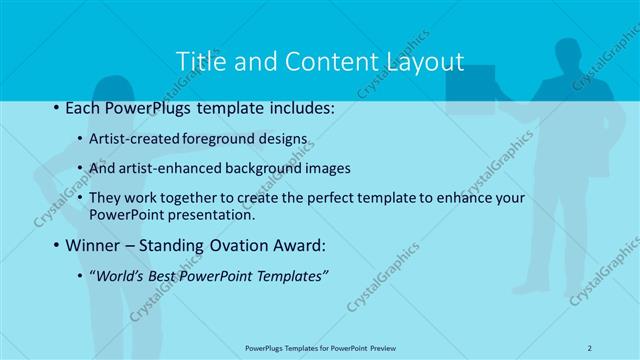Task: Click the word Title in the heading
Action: (199, 61)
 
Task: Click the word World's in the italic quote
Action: (121, 277)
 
